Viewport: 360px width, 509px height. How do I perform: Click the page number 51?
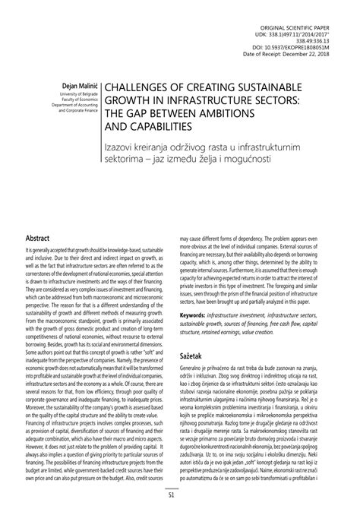click(180, 496)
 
